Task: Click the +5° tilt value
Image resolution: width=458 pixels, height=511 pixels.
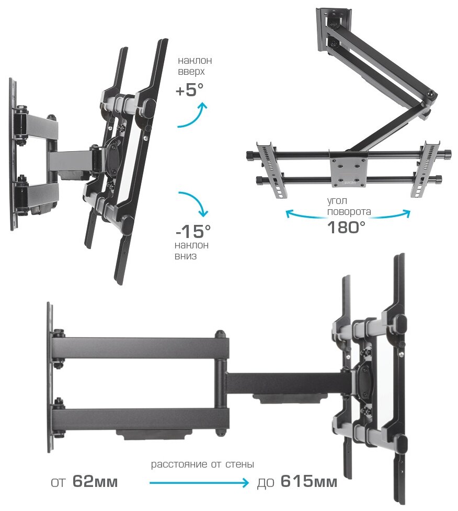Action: pyautogui.click(x=189, y=90)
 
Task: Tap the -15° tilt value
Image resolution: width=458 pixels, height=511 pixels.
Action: pyautogui.click(x=193, y=230)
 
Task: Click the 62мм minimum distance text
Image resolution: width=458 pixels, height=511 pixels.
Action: pyautogui.click(x=95, y=481)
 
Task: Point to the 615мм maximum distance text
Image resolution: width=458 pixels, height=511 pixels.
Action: pyautogui.click(x=308, y=481)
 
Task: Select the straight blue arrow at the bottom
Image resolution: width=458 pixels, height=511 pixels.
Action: pyautogui.click(x=199, y=484)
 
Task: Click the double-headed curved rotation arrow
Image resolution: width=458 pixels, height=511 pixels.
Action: pyautogui.click(x=348, y=213)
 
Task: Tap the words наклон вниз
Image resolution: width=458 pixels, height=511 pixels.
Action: pyautogui.click(x=192, y=251)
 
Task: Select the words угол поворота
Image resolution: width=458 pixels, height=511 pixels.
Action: pyautogui.click(x=349, y=206)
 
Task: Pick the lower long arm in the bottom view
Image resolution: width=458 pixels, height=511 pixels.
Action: pyautogui.click(x=141, y=419)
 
